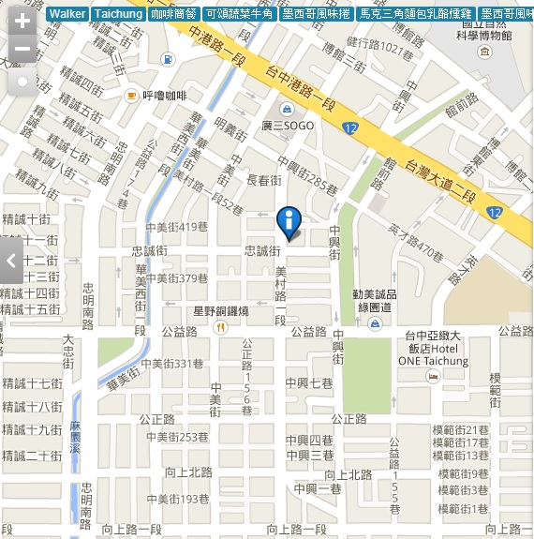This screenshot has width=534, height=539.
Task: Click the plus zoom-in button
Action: pyautogui.click(x=22, y=21)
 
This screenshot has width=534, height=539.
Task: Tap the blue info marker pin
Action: pyautogui.click(x=289, y=223)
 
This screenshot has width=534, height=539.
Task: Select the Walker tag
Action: pyautogui.click(x=67, y=14)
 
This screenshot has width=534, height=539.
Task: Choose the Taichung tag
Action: pyautogui.click(x=118, y=14)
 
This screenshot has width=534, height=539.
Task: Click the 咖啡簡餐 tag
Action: pyautogui.click(x=172, y=14)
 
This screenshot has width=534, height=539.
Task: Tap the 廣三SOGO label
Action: pyautogui.click(x=288, y=125)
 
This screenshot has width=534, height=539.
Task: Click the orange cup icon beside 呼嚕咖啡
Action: pyautogui.click(x=132, y=96)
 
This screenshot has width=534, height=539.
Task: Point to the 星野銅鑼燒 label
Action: pyautogui.click(x=220, y=310)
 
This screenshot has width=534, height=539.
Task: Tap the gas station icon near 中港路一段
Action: pyautogui.click(x=167, y=59)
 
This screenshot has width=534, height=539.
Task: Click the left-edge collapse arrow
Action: pyautogui.click(x=10, y=262)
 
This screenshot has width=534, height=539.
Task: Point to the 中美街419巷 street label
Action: pyautogui.click(x=176, y=227)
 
